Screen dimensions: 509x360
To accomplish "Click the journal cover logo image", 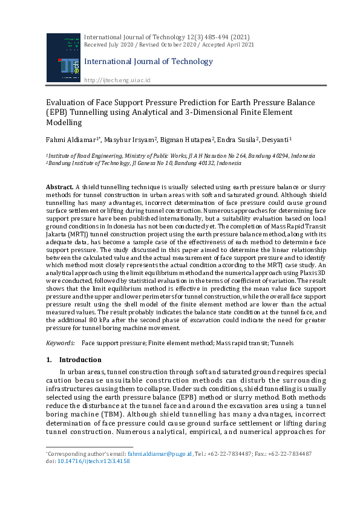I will pyautogui.click(x=63, y=57).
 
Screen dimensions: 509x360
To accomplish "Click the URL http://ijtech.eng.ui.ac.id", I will pyautogui.click(x=117, y=80).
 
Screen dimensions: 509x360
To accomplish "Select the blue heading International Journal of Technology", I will pyautogui.click(x=148, y=62).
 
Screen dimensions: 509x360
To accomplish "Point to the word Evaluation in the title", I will pyautogui.click(x=66, y=103).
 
